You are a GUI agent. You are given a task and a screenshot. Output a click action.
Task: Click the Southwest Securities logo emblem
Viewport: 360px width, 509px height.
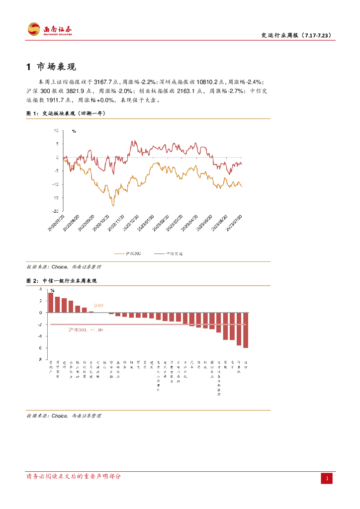pyautogui.click(x=34, y=29)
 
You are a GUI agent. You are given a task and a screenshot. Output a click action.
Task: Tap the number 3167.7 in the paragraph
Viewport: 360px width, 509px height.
pyautogui.click(x=103, y=82)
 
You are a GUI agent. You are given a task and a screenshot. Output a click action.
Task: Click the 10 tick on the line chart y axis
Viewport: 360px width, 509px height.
pyautogui.click(x=56, y=131)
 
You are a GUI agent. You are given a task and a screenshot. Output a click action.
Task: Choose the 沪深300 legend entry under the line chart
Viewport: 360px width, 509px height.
pyautogui.click(x=128, y=254)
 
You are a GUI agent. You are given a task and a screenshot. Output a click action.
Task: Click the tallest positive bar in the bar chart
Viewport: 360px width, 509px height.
pyautogui.click(x=50, y=302)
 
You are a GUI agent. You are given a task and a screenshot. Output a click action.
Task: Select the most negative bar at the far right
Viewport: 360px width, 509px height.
pyautogui.click(x=246, y=330)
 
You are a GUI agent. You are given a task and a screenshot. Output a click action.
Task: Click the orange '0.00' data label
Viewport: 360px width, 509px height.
pyautogui.click(x=98, y=305)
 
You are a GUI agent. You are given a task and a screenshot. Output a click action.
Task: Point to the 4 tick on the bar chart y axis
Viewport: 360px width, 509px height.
pyautogui.click(x=41, y=289)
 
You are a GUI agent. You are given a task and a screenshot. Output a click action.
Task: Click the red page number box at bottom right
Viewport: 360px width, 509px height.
pyautogui.click(x=327, y=478)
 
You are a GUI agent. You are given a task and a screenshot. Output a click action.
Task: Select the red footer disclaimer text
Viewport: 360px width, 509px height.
pyautogui.click(x=74, y=477)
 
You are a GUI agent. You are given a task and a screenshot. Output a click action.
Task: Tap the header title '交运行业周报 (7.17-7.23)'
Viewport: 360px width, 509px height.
pyautogui.click(x=296, y=35)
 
